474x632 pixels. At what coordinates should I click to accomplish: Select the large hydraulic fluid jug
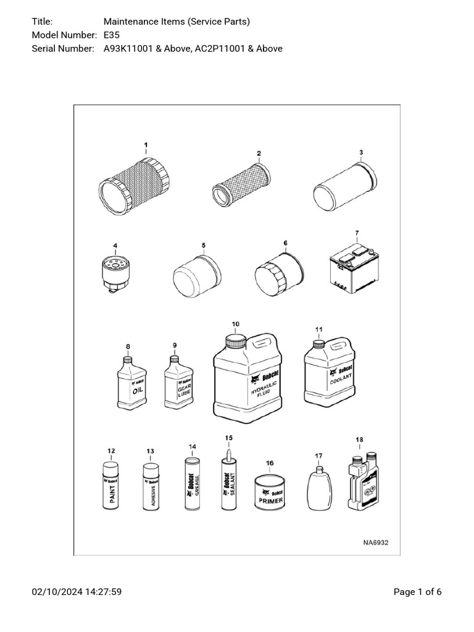tap(249, 378)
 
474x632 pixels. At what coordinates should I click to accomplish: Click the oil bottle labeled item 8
tap(132, 384)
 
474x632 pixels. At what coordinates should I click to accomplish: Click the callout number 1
tap(146, 144)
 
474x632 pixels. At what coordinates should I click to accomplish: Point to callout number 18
tap(359, 439)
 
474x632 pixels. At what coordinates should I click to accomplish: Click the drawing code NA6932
tap(375, 543)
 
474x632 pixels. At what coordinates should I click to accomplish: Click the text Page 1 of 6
tap(417, 592)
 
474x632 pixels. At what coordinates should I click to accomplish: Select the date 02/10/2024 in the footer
tap(54, 592)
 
